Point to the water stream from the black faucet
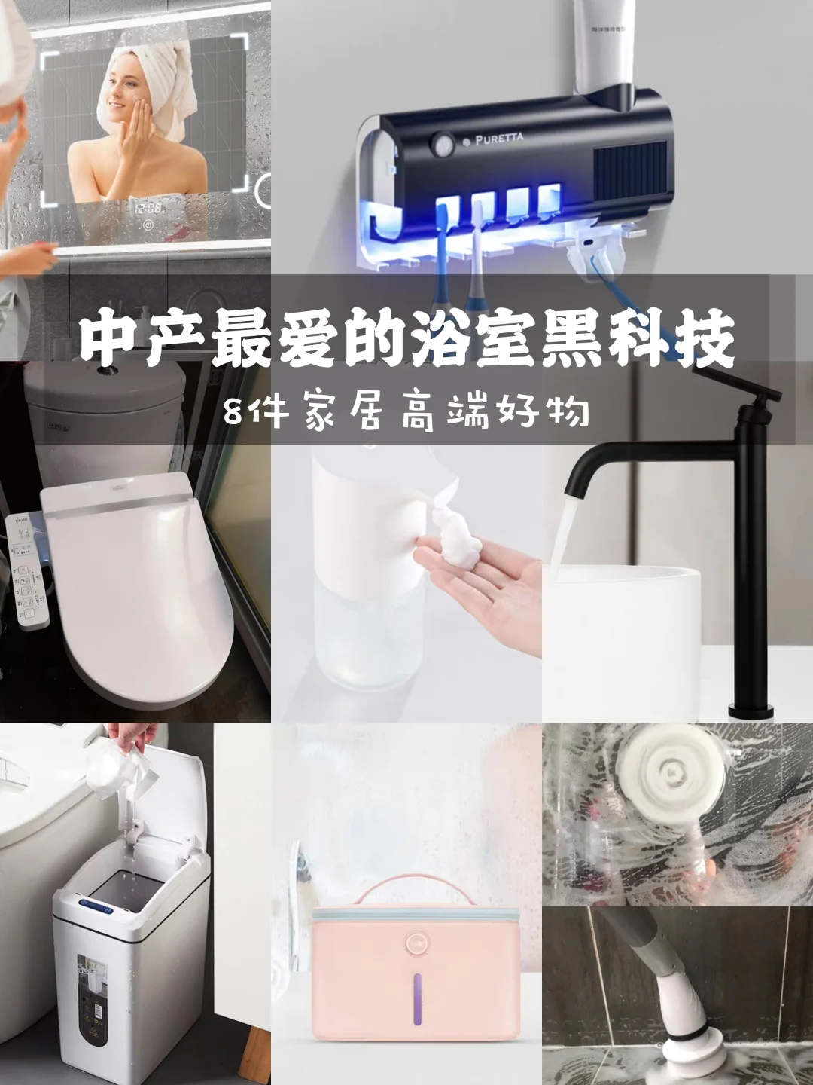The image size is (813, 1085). [561, 536]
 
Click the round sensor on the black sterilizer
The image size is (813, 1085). [440, 141]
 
